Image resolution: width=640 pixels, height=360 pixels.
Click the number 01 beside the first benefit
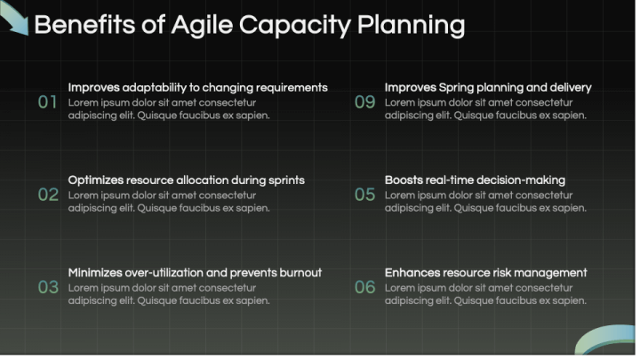[47, 102]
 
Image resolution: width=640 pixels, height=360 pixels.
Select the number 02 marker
[47, 195]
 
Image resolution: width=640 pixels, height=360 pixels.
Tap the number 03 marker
[47, 288]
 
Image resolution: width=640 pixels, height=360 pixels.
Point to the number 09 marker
[364, 102]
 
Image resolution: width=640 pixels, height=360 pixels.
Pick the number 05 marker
[364, 195]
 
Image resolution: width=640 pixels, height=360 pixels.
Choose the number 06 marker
[364, 288]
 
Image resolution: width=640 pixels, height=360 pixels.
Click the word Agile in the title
[197, 25]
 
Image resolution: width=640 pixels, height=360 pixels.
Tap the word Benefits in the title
[85, 25]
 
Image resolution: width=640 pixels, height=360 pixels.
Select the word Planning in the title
[411, 25]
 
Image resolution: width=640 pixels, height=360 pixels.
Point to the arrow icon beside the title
[14, 18]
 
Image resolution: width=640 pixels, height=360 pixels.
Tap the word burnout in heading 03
[297, 273]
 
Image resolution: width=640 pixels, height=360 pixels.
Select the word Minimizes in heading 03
[95, 273]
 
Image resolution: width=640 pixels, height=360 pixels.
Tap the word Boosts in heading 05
[404, 180]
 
